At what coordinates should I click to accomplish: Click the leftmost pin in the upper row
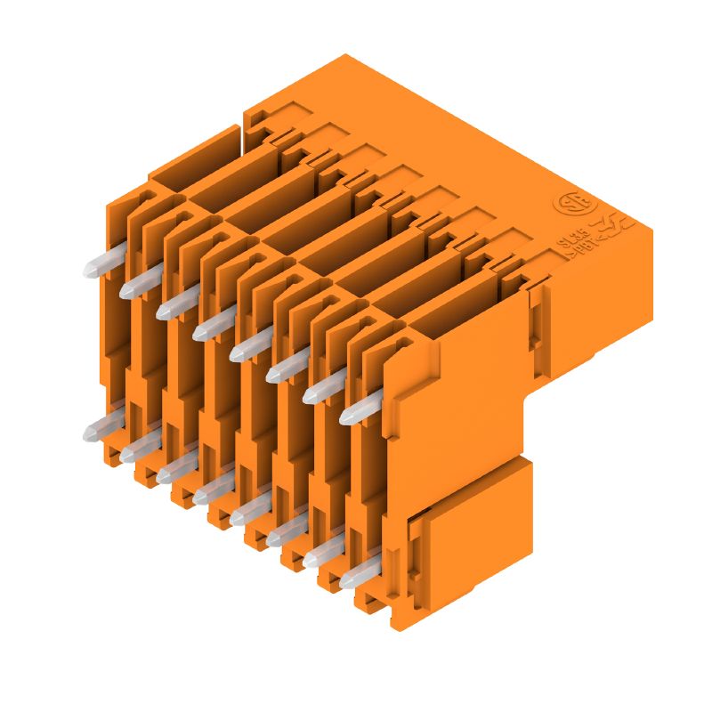click(96, 267)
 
